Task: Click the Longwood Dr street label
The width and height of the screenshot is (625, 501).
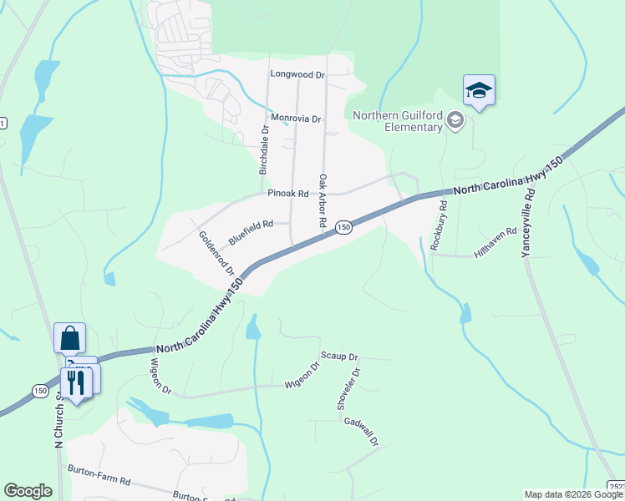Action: (297, 74)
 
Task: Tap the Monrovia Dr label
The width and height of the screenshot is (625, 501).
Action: (294, 119)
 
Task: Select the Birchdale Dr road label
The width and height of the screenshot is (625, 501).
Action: (264, 149)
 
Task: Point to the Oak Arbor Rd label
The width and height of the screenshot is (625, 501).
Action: (322, 202)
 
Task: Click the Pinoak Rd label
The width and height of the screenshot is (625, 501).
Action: (288, 194)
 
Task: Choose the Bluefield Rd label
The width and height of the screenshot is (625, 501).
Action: (251, 230)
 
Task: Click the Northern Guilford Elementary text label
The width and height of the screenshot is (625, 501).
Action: (398, 121)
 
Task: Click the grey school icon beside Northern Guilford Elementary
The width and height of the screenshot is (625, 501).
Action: (455, 121)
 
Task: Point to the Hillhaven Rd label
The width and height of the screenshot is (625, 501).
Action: (495, 242)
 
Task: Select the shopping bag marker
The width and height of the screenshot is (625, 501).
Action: (69, 338)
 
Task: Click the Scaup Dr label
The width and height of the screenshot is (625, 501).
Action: (339, 356)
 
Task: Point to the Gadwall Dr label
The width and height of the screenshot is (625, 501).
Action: (362, 431)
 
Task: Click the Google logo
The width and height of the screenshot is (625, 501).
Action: (28, 491)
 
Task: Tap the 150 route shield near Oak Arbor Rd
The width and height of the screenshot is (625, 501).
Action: (343, 227)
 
